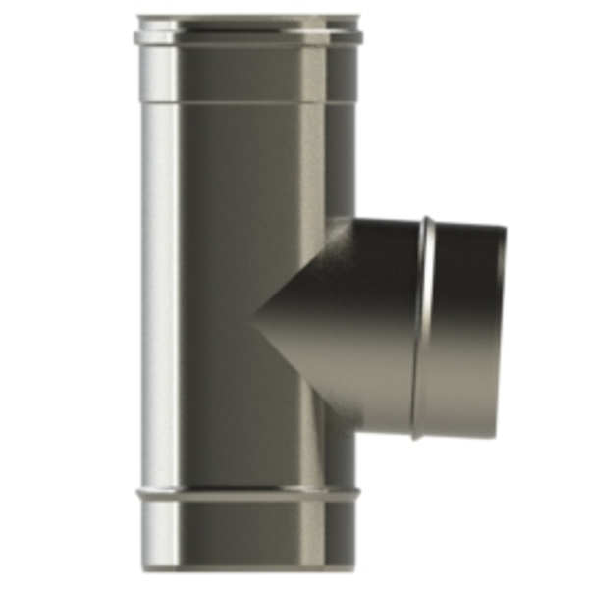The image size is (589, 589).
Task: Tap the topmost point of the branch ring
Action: pyautogui.click(x=428, y=217)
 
